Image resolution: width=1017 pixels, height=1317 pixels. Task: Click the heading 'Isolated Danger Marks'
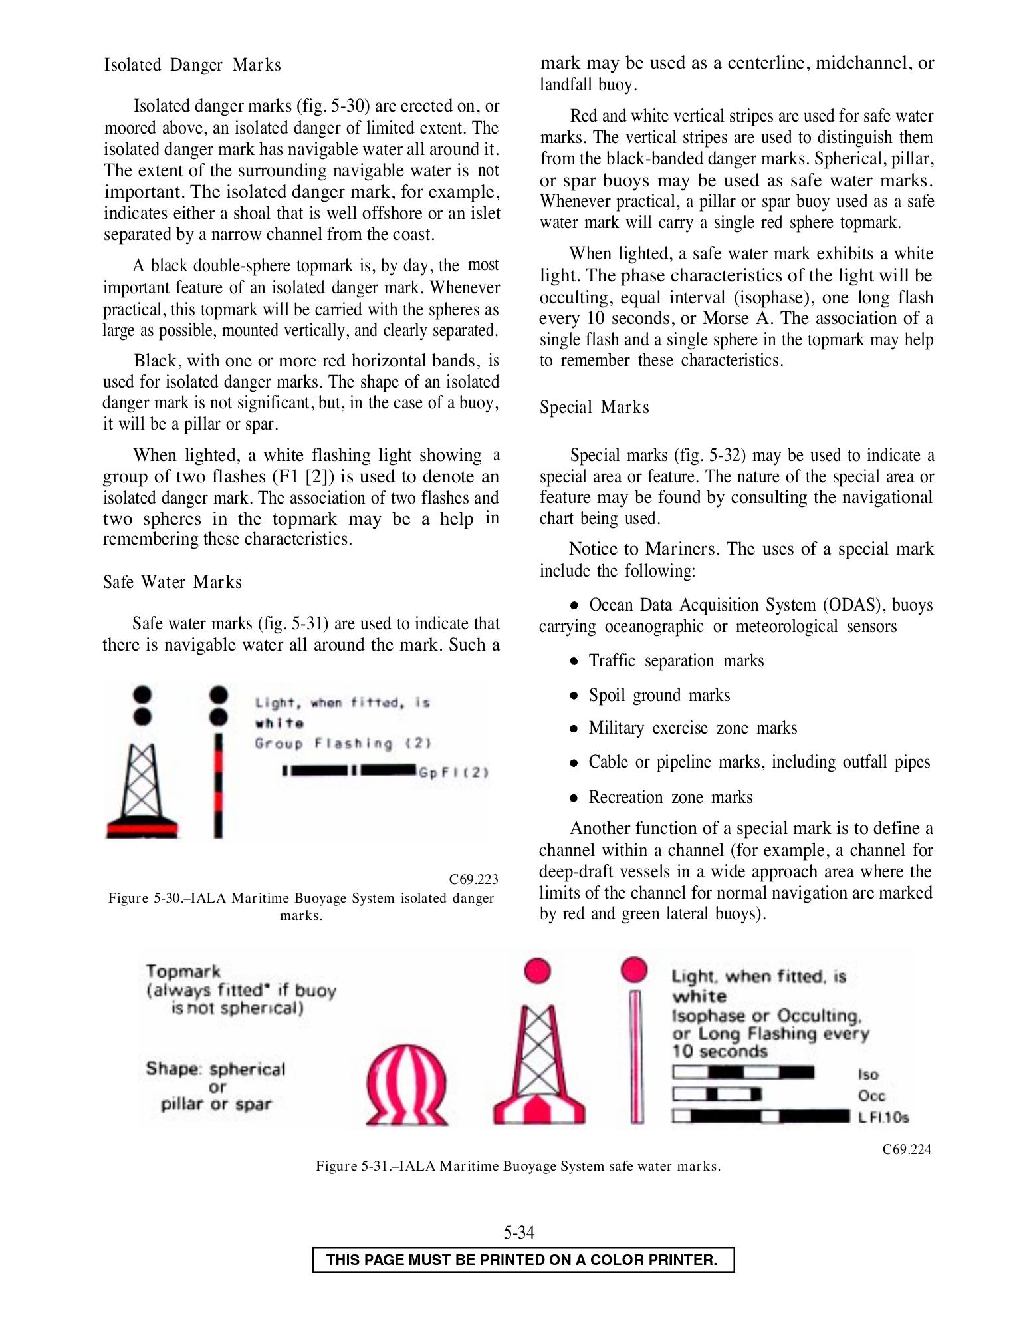pyautogui.click(x=192, y=65)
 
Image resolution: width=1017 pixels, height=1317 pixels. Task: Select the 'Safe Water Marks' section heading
pyautogui.click(x=172, y=583)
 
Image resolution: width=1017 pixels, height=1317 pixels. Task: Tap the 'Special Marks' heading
pyautogui.click(x=594, y=408)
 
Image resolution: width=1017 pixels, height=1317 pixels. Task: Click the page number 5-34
pyautogui.click(x=518, y=1233)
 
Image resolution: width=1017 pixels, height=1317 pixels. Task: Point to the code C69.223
pyautogui.click(x=473, y=879)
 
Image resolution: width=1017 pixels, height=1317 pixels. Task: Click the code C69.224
pyautogui.click(x=907, y=1149)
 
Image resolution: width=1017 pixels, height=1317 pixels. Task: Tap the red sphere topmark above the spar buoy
pyautogui.click(x=634, y=970)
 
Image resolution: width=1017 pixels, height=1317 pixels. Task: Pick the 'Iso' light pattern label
pyautogui.click(x=868, y=1074)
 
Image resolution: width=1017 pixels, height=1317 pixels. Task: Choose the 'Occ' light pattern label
pyautogui.click(x=871, y=1096)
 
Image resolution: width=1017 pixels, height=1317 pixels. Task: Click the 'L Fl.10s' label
pyautogui.click(x=883, y=1117)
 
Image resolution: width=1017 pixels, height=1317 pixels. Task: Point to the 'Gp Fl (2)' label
pyautogui.click(x=454, y=772)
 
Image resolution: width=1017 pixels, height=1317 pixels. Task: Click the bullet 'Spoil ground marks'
pyautogui.click(x=659, y=696)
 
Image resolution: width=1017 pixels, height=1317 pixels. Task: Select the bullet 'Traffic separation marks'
pyautogui.click(x=676, y=661)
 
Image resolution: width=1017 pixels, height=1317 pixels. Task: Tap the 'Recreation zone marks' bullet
pyautogui.click(x=670, y=798)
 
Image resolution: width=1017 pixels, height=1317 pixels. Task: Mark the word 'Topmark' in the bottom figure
pyautogui.click(x=183, y=972)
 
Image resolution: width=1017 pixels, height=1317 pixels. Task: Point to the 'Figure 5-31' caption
pyautogui.click(x=518, y=1166)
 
